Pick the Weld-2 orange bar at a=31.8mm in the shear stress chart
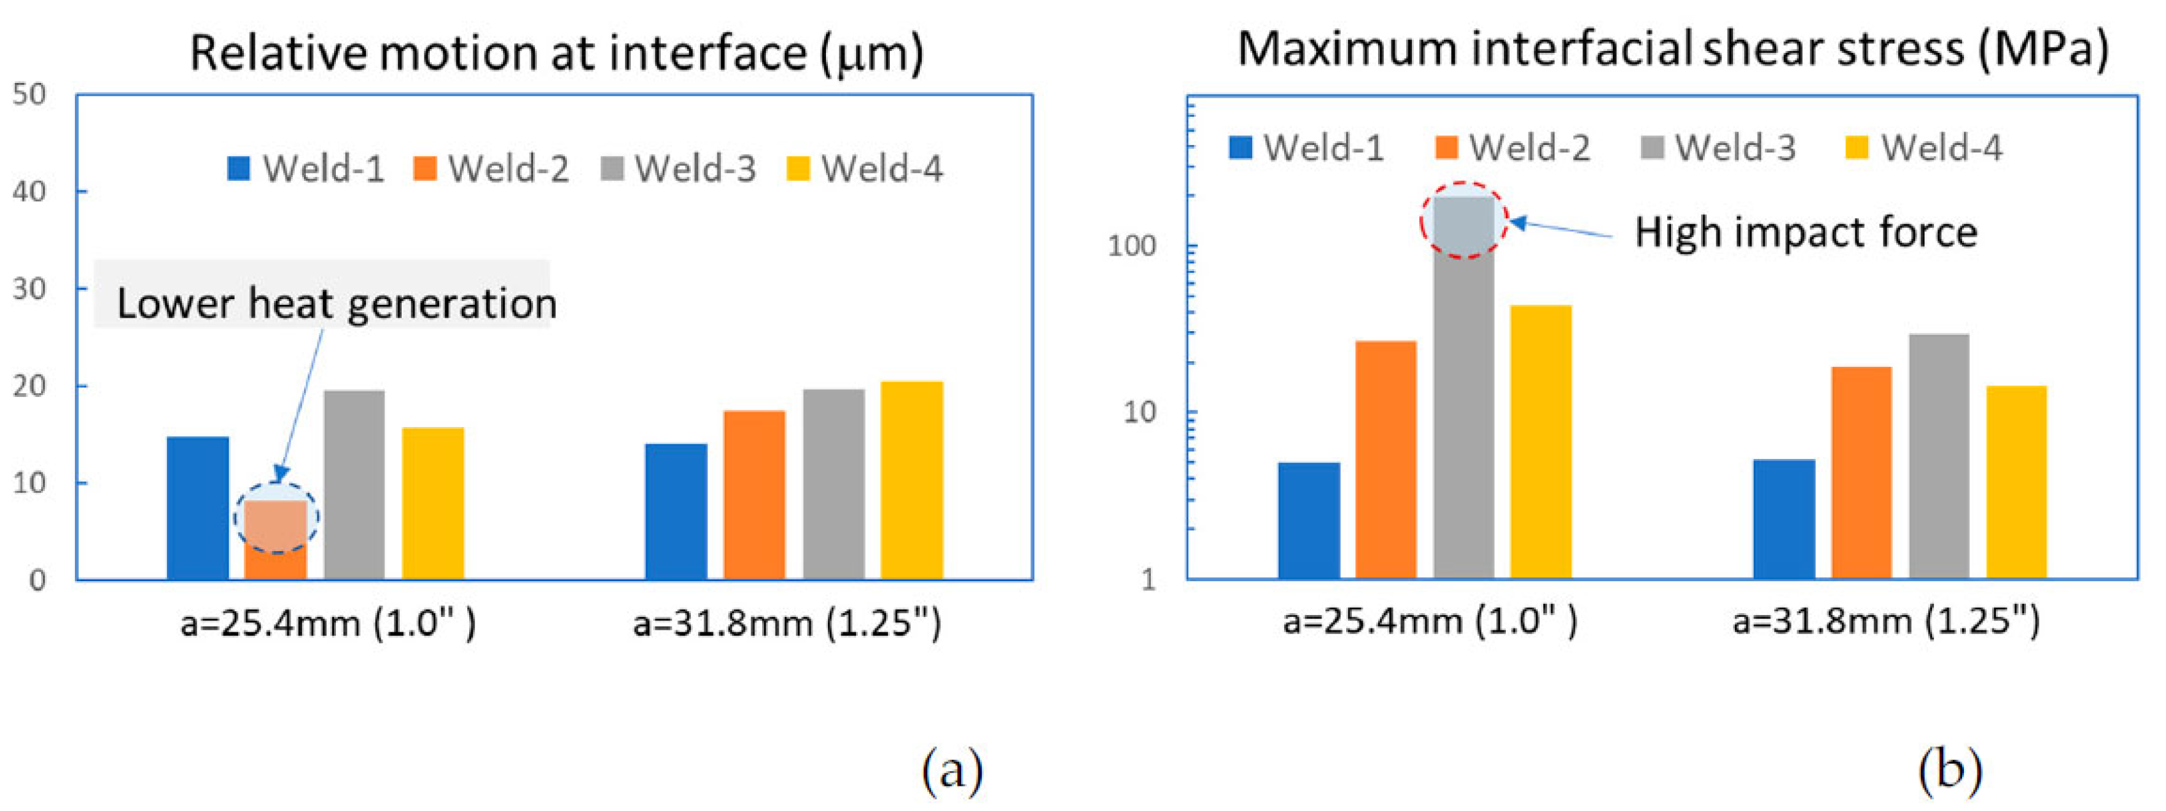[x=1861, y=473]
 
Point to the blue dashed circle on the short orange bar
[x=276, y=518]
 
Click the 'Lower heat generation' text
[x=337, y=303]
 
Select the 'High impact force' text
[x=1806, y=232]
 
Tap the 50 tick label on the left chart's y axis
[x=29, y=94]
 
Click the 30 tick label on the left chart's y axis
[x=29, y=289]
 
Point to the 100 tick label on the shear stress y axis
[x=1132, y=246]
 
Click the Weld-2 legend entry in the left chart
[x=491, y=168]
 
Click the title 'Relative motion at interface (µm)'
[x=556, y=53]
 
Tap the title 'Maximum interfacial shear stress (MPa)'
[x=1673, y=49]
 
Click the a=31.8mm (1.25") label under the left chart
[x=787, y=624]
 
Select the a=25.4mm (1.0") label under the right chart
[x=1430, y=622]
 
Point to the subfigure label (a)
[x=952, y=769]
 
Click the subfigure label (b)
[x=1950, y=769]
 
